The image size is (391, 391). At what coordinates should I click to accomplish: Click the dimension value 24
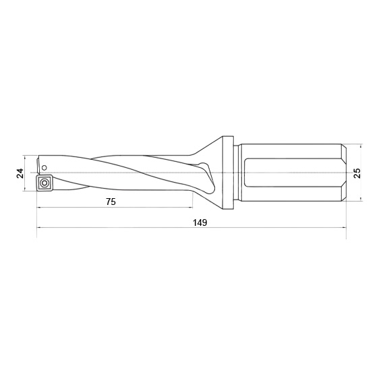20,173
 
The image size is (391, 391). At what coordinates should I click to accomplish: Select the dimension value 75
111,202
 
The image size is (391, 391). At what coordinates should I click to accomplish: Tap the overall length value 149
200,222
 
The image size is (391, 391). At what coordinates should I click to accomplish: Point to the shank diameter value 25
357,173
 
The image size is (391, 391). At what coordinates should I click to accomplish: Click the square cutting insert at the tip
44,183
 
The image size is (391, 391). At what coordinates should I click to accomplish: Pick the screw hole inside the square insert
44,183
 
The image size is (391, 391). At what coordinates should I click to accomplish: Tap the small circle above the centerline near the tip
44,168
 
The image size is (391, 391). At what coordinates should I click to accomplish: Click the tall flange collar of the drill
228,173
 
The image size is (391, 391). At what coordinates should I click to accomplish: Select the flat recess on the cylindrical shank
294,173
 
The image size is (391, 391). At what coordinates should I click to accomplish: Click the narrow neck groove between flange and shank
236,173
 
